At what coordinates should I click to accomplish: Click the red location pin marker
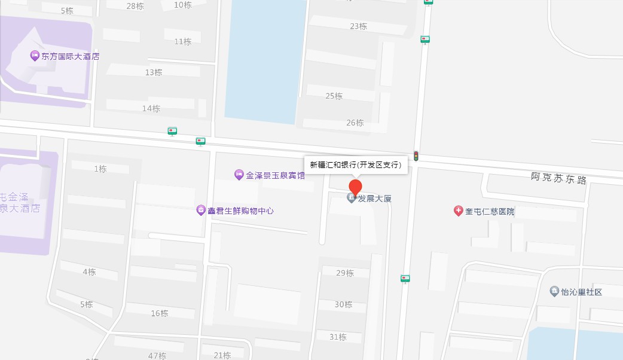pyautogui.click(x=356, y=187)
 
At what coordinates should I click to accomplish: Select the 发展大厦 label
pyautogui.click(x=375, y=198)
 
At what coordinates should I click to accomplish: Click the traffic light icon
pyautogui.click(x=416, y=156)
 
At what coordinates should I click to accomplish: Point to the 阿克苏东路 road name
pyautogui.click(x=559, y=178)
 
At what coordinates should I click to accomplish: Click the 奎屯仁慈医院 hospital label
pyautogui.click(x=490, y=211)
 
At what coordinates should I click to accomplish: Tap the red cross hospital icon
pyautogui.click(x=459, y=211)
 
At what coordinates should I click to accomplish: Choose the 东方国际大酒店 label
pyautogui.click(x=70, y=56)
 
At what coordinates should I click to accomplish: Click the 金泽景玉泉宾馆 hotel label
pyautogui.click(x=275, y=175)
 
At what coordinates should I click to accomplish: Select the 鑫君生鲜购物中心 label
pyautogui.click(x=240, y=210)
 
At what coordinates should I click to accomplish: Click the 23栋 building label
pyautogui.click(x=359, y=26)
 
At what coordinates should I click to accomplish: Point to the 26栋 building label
pyautogui.click(x=355, y=123)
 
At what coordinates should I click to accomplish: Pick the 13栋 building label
pyautogui.click(x=154, y=72)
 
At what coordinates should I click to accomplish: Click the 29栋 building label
pyautogui.click(x=345, y=273)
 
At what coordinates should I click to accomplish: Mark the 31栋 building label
pyautogui.click(x=338, y=337)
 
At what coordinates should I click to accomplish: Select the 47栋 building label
pyautogui.click(x=157, y=356)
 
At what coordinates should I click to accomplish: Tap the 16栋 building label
pyautogui.click(x=160, y=313)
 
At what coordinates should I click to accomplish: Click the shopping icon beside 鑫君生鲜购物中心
pyautogui.click(x=201, y=210)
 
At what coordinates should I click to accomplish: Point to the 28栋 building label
pyautogui.click(x=135, y=6)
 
